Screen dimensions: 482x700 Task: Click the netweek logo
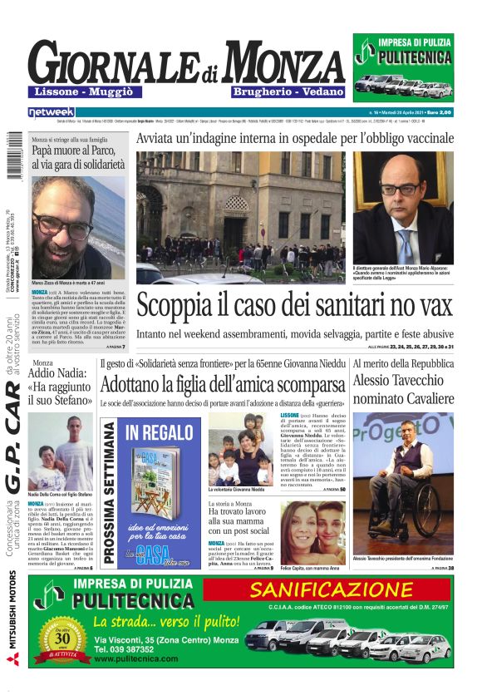[x=51, y=111]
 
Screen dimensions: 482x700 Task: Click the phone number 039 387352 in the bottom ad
[x=123, y=648]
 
